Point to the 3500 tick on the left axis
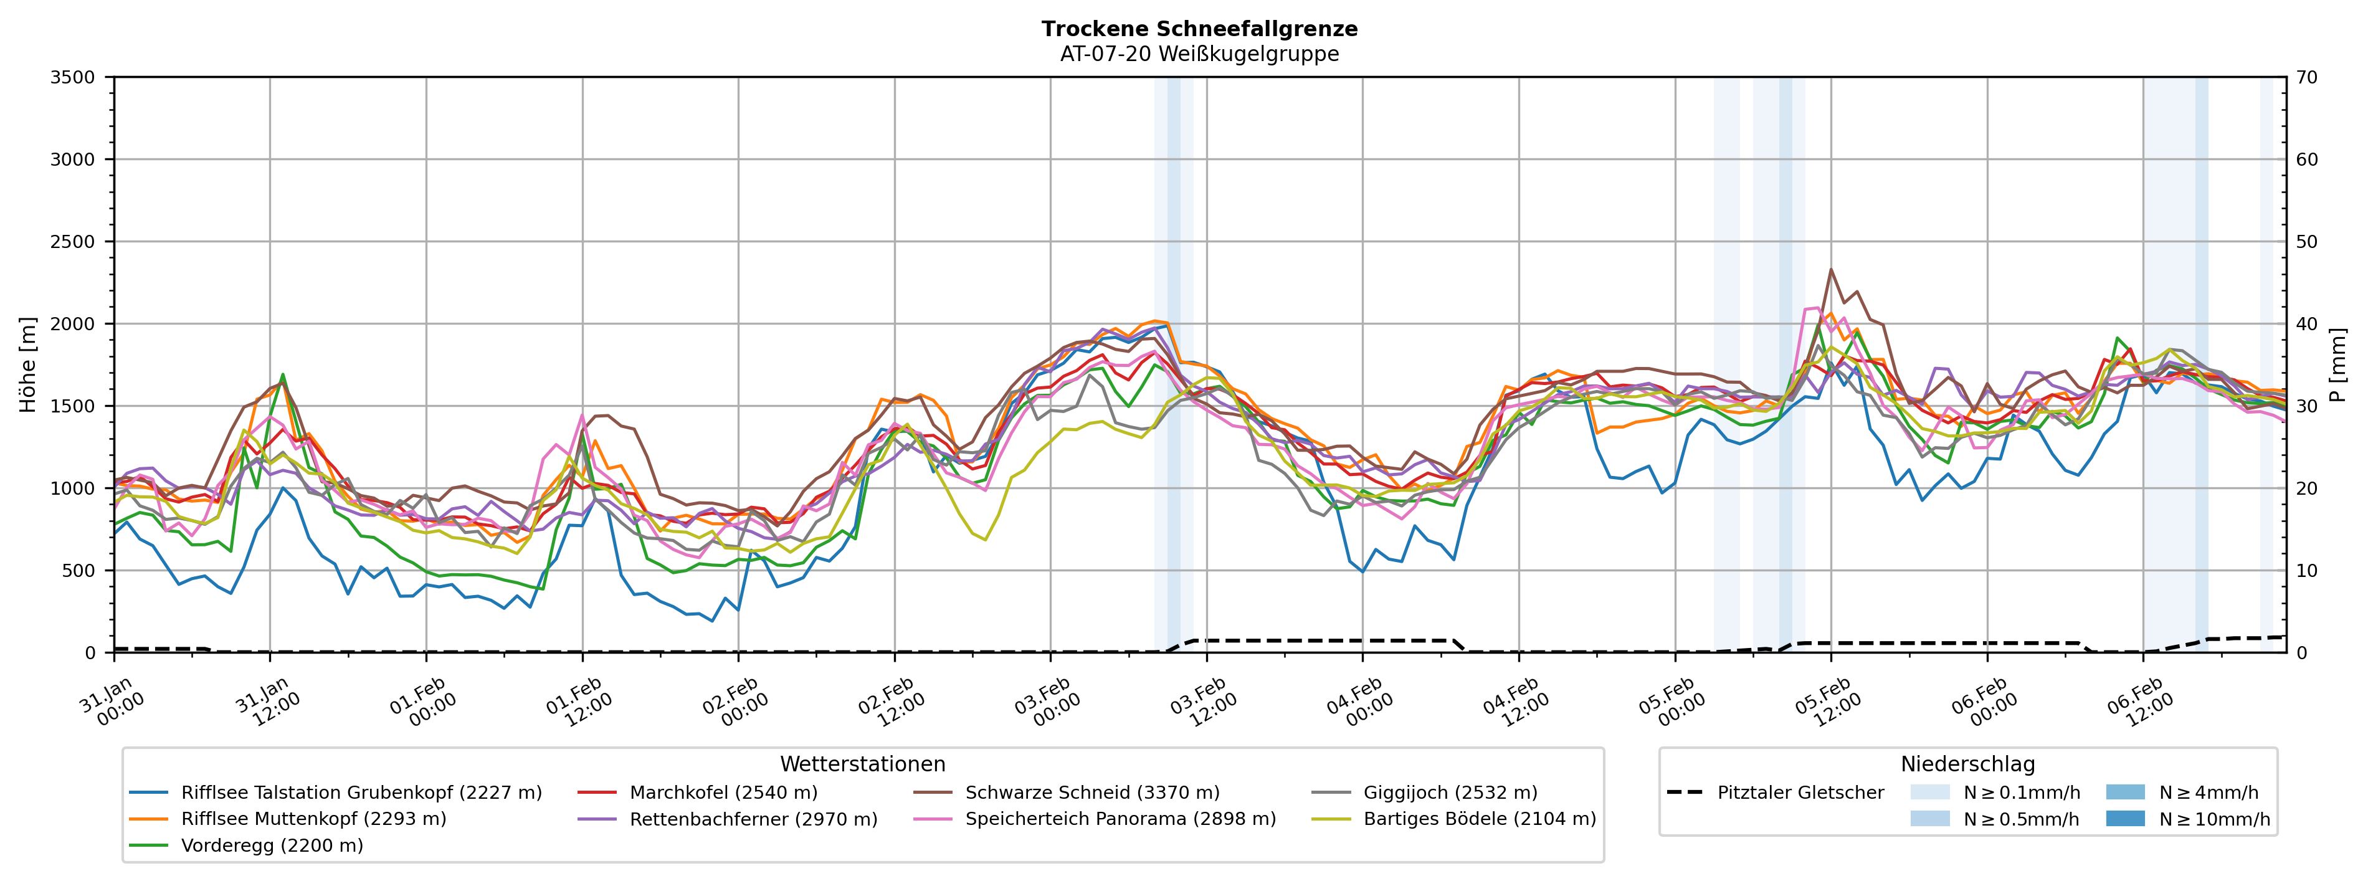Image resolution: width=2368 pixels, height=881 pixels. click(73, 77)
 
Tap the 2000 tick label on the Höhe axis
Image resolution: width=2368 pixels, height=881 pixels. click(73, 324)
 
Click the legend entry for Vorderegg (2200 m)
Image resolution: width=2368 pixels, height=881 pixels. click(271, 845)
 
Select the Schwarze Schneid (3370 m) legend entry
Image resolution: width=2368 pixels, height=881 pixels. click(1092, 792)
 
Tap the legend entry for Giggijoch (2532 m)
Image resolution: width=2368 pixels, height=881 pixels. click(1450, 792)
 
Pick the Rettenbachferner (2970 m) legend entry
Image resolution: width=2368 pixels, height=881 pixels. click(753, 819)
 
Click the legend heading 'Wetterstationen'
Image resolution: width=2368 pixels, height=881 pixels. click(862, 764)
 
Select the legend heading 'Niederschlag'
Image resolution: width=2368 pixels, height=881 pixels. click(1967, 764)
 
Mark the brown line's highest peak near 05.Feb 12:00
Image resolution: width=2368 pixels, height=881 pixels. click(1831, 269)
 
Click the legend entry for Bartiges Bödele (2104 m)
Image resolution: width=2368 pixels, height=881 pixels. click(1479, 819)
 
